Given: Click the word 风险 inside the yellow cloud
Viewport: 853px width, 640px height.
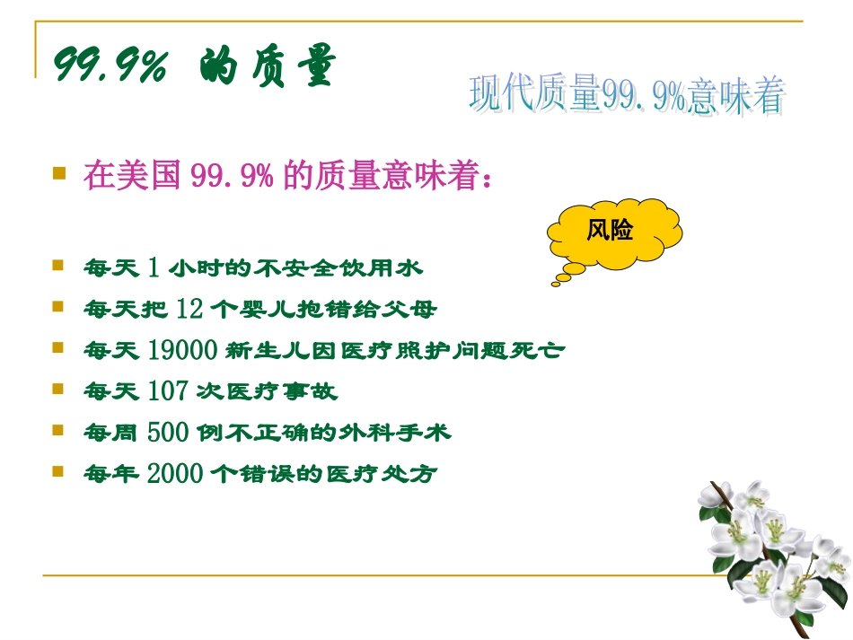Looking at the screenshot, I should [x=610, y=231].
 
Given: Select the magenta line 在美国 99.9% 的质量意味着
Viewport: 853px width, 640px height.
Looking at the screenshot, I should [x=287, y=175].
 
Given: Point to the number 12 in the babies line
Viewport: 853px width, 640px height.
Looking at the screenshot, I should [x=189, y=310].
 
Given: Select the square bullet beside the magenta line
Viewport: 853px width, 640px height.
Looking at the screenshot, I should [x=60, y=171].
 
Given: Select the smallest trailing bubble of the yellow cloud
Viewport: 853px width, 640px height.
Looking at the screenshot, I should [x=557, y=283].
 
